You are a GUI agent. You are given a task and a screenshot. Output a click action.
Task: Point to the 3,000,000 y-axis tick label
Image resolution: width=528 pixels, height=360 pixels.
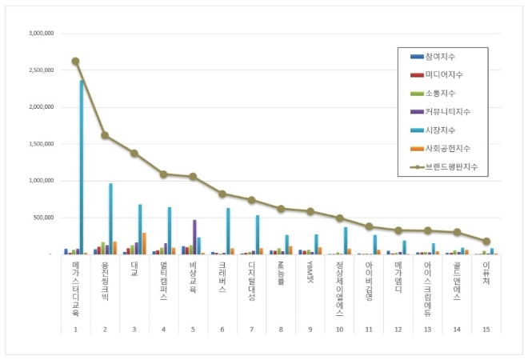pyautogui.click(x=41, y=34)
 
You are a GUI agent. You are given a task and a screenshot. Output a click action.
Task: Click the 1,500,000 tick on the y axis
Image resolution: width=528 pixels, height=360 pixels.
pyautogui.click(x=41, y=144)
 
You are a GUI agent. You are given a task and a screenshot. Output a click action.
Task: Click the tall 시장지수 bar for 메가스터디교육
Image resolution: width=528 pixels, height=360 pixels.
pyautogui.click(x=82, y=168)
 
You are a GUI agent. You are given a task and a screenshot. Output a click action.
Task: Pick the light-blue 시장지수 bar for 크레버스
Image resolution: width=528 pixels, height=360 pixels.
pyautogui.click(x=228, y=231)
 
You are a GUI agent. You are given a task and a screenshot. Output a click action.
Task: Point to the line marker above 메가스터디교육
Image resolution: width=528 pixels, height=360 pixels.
pyautogui.click(x=75, y=61)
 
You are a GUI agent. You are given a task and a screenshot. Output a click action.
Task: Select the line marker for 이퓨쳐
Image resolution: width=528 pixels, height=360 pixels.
pyautogui.click(x=486, y=241)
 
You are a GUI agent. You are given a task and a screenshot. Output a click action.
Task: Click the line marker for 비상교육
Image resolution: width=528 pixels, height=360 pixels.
pyautogui.click(x=192, y=177)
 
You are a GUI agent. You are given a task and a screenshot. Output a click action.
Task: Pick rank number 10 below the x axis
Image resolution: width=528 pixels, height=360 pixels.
pyautogui.click(x=339, y=329)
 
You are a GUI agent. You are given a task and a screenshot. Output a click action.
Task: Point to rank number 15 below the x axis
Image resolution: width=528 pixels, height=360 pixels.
pyautogui.click(x=486, y=329)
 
